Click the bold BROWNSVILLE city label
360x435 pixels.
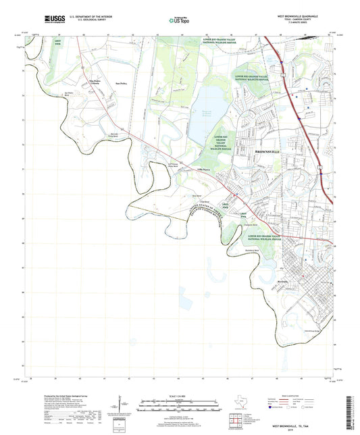point(269,151)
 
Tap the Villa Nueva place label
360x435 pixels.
point(204,169)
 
